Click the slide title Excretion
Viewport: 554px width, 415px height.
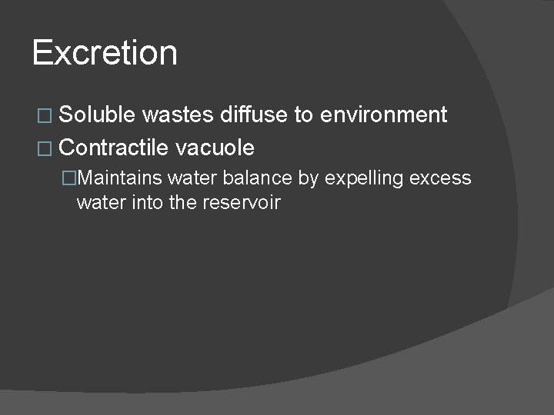click(x=105, y=53)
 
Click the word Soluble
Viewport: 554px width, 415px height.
click(x=97, y=115)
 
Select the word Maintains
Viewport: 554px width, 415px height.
click(x=119, y=178)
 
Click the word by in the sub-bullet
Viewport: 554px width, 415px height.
click(x=308, y=178)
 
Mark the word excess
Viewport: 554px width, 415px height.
click(x=440, y=178)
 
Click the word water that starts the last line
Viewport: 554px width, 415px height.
click(x=99, y=203)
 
